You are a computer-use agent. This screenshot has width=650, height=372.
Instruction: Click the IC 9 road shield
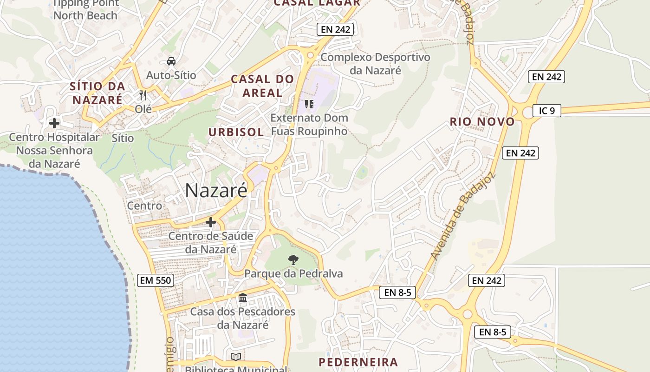click(547, 111)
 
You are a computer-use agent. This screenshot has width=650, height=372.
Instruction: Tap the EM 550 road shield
click(156, 280)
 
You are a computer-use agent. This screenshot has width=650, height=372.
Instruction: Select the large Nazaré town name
click(216, 190)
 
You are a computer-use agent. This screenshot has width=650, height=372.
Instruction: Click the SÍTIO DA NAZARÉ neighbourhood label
click(97, 93)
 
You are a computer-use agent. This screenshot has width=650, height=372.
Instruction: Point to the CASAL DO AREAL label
click(262, 86)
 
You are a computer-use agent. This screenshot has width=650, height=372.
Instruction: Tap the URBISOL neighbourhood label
click(236, 132)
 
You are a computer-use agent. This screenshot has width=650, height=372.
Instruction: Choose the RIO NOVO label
click(482, 122)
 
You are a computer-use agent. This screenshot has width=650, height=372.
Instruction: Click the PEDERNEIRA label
click(358, 362)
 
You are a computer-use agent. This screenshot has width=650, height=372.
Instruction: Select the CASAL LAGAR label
click(317, 3)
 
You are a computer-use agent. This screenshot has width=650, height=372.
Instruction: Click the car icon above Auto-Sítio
click(171, 61)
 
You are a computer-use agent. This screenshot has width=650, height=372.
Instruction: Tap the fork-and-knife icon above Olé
click(143, 95)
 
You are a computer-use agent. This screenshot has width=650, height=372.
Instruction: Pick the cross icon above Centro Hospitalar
click(54, 123)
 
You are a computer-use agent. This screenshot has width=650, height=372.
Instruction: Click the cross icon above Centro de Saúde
click(211, 222)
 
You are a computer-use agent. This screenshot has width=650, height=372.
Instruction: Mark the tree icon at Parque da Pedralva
click(293, 259)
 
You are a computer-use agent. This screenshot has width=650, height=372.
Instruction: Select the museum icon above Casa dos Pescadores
click(243, 298)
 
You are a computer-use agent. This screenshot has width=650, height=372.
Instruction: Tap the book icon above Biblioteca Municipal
click(236, 357)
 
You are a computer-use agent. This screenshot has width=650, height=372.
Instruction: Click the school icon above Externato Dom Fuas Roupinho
click(309, 104)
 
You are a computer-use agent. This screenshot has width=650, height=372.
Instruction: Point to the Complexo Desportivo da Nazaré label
click(375, 64)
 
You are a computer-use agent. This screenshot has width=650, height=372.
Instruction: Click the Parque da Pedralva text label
click(293, 273)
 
